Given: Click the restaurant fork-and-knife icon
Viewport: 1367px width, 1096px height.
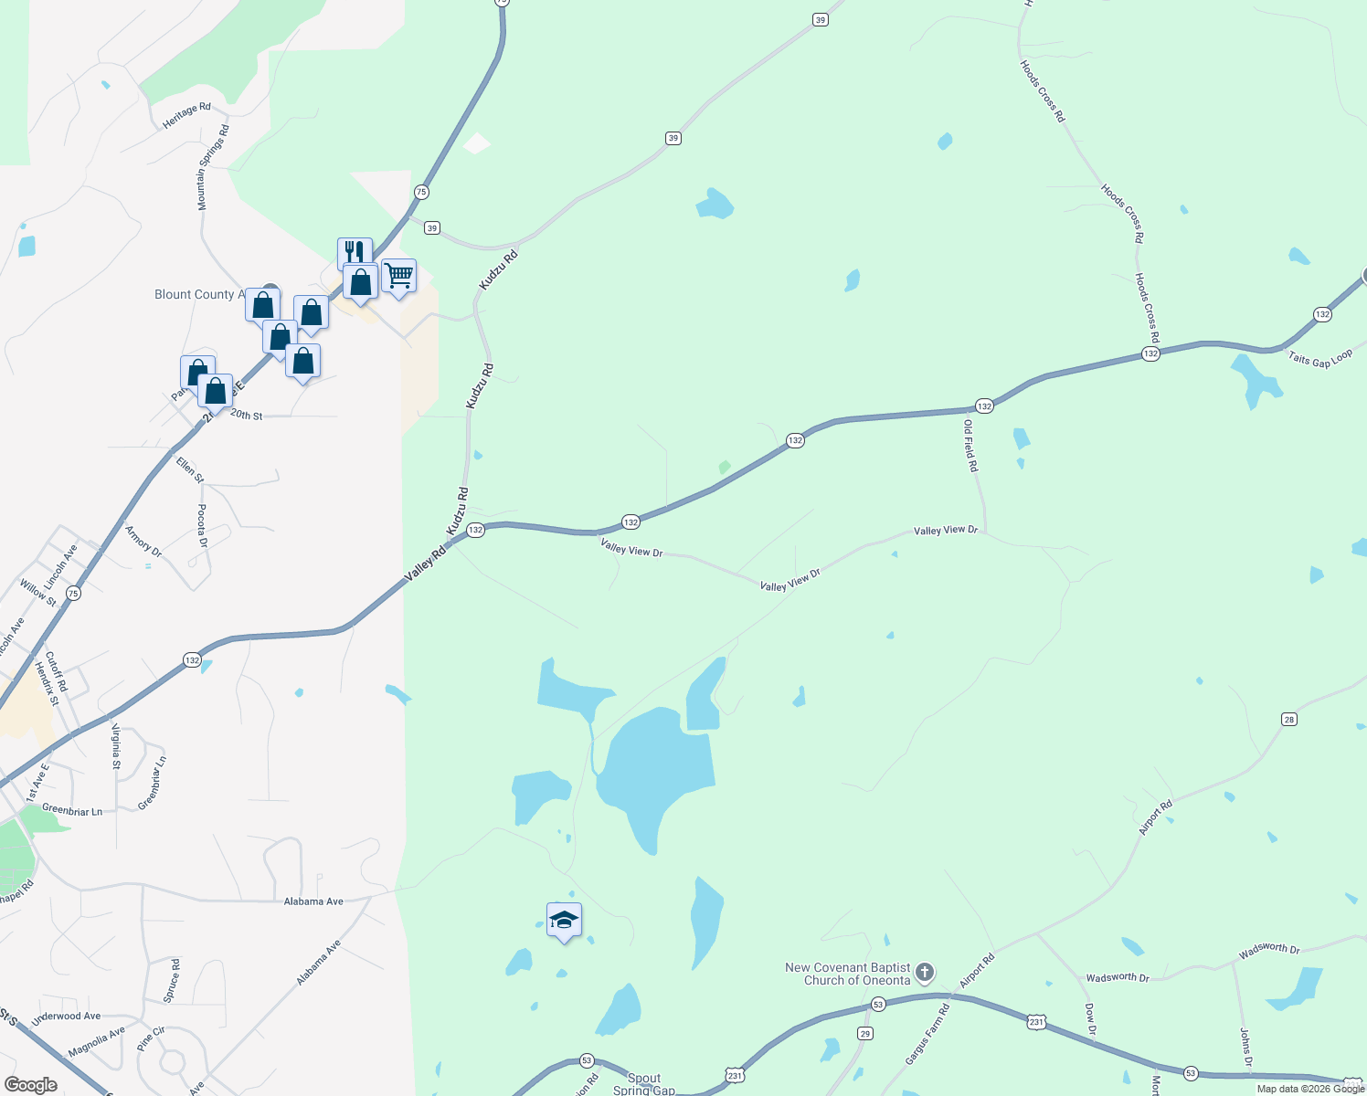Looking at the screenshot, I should coord(355,251).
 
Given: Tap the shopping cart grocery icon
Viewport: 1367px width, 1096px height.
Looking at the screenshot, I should coord(399,275).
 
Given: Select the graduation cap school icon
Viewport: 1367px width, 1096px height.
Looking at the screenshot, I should coord(564,919).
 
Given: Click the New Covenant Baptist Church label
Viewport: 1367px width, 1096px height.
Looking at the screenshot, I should coord(848,974).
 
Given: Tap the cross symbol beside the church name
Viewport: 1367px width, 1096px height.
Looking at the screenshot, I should coord(925,973).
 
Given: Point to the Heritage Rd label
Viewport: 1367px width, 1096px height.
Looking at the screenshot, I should coord(186,115).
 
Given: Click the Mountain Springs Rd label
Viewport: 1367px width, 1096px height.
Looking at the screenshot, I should coord(214,168).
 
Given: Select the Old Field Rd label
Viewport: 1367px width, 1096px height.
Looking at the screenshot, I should coord(970,446).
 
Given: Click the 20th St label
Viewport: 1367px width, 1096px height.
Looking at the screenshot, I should coord(246,416).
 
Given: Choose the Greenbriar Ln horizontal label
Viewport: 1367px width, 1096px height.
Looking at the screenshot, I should coord(72,810).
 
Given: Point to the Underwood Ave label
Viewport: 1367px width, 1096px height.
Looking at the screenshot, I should coord(66,1017).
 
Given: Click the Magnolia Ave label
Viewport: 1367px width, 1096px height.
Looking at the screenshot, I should coord(97,1042).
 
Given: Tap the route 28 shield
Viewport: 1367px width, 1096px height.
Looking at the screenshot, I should coord(1288,720).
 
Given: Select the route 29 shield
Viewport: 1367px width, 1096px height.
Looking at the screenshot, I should coord(865,1034).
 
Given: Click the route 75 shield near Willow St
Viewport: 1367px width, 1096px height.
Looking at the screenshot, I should coord(73,594).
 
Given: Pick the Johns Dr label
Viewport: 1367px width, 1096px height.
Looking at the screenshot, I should coord(1245,1047).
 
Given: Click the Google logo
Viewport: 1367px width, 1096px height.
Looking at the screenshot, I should coord(31,1084).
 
